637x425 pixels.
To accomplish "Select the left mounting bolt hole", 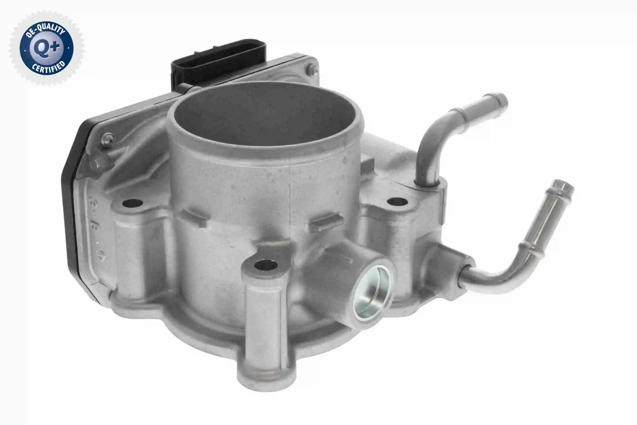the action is pos(133,203).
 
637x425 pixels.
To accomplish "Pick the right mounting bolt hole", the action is pos(397,202).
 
